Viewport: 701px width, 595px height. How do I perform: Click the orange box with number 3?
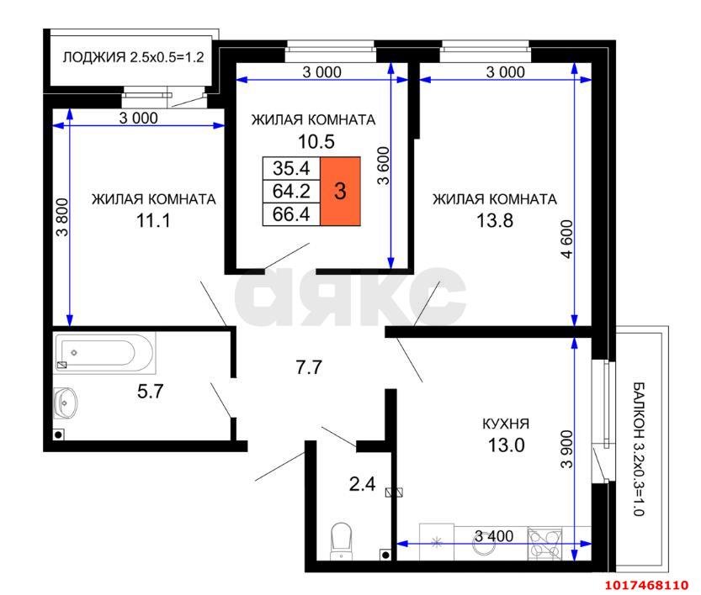pyautogui.click(x=340, y=191)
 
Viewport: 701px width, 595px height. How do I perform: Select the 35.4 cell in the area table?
pyautogui.click(x=291, y=168)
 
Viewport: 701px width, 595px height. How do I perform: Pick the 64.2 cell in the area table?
pyautogui.click(x=291, y=191)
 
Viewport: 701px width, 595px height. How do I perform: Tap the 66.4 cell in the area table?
pyautogui.click(x=291, y=213)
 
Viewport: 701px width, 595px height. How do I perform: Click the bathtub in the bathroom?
pyautogui.click(x=104, y=353)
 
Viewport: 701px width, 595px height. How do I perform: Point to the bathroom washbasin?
pyautogui.click(x=66, y=403)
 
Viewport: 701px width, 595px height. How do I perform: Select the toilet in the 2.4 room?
pyautogui.click(x=341, y=541)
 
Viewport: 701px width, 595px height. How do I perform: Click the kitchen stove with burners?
pyautogui.click(x=544, y=543)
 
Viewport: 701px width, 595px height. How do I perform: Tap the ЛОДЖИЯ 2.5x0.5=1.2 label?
pyautogui.click(x=133, y=57)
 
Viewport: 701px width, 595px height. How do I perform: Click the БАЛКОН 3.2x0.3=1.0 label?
pyautogui.click(x=640, y=449)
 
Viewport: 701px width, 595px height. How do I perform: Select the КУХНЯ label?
pyautogui.click(x=506, y=424)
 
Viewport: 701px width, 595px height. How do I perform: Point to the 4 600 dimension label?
pyautogui.click(x=566, y=240)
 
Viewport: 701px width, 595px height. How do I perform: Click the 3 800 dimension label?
pyautogui.click(x=62, y=217)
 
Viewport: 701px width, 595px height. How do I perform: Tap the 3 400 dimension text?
pyautogui.click(x=493, y=535)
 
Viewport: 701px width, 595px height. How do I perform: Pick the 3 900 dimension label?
pyautogui.click(x=566, y=449)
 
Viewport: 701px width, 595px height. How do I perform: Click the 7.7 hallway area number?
pyautogui.click(x=309, y=367)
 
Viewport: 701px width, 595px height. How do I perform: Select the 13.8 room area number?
pyautogui.click(x=495, y=220)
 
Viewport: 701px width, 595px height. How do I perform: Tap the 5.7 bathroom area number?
pyautogui.click(x=150, y=392)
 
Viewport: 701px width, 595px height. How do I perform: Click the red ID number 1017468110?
pyautogui.click(x=646, y=585)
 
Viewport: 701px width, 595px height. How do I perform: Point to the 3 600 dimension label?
pyautogui.click(x=384, y=166)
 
